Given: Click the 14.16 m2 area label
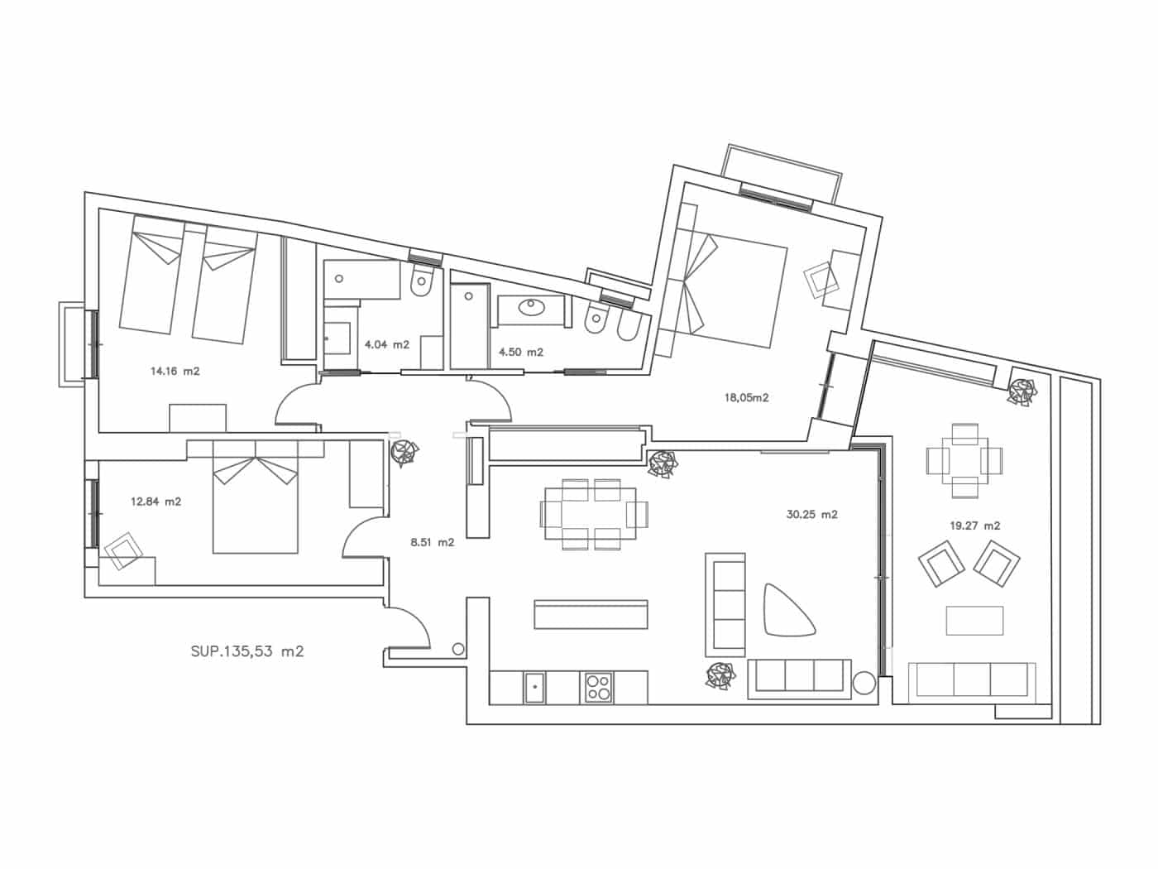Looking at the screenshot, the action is tap(175, 372).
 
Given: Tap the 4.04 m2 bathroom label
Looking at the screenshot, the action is tap(387, 345).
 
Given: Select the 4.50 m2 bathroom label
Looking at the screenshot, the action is tap(521, 353).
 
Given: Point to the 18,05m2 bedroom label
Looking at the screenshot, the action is tap(746, 398).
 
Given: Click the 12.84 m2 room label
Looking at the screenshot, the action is tap(156, 502).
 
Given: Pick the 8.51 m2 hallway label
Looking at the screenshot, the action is tap(432, 542).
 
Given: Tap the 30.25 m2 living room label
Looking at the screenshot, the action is tap(812, 515).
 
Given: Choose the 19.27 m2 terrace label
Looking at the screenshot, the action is tap(975, 526).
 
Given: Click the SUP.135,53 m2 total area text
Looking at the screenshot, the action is tap(247, 651).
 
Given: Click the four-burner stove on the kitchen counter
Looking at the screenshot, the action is tap(596, 688).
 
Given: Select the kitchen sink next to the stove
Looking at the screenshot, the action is tap(535, 688).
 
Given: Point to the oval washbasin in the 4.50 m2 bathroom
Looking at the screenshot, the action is tap(530, 306).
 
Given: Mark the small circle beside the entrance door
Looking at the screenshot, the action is tap(458, 650).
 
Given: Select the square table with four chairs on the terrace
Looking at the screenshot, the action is tap(965, 461).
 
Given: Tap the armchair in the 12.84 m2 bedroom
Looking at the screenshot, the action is tap(123, 551).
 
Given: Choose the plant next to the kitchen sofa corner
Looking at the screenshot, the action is tap(720, 676).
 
